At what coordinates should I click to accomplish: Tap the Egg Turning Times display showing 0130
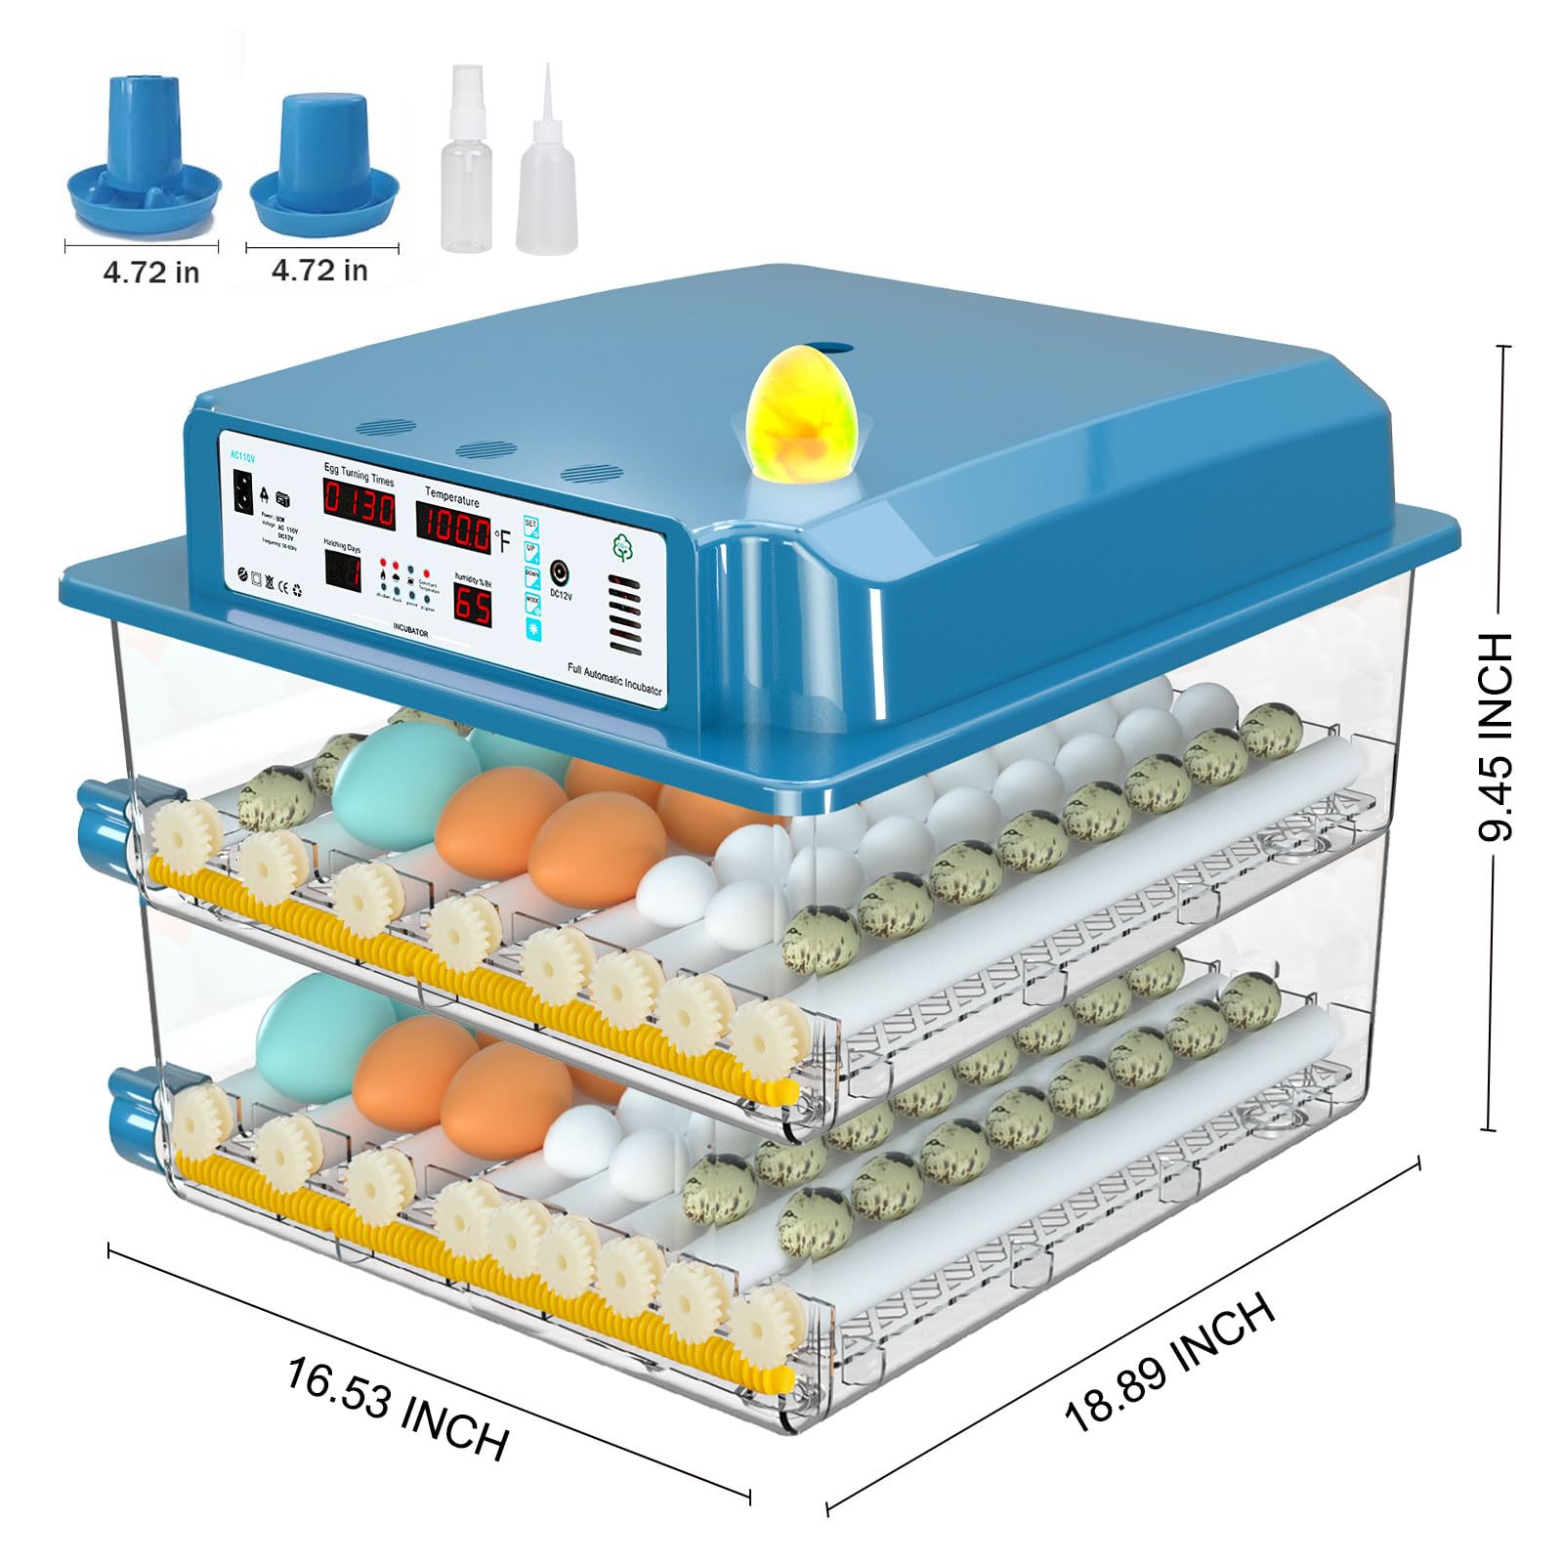point(359,508)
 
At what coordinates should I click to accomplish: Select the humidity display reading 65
point(472,606)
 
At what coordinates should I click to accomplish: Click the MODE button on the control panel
point(533,602)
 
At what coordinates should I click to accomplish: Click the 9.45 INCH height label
point(1495,738)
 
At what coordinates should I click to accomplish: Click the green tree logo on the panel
point(622,548)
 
